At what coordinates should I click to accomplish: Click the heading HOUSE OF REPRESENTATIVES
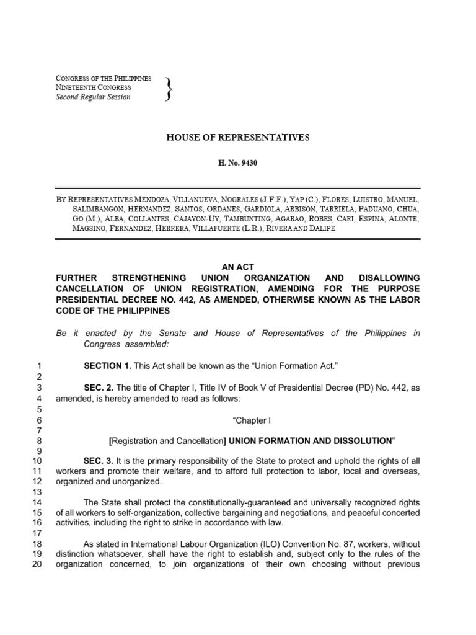click(238, 136)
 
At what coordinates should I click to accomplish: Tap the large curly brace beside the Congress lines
click(169, 88)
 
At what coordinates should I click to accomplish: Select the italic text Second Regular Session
click(93, 97)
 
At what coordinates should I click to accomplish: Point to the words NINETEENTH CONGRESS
click(93, 88)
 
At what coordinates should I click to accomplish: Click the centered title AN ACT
click(238, 265)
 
